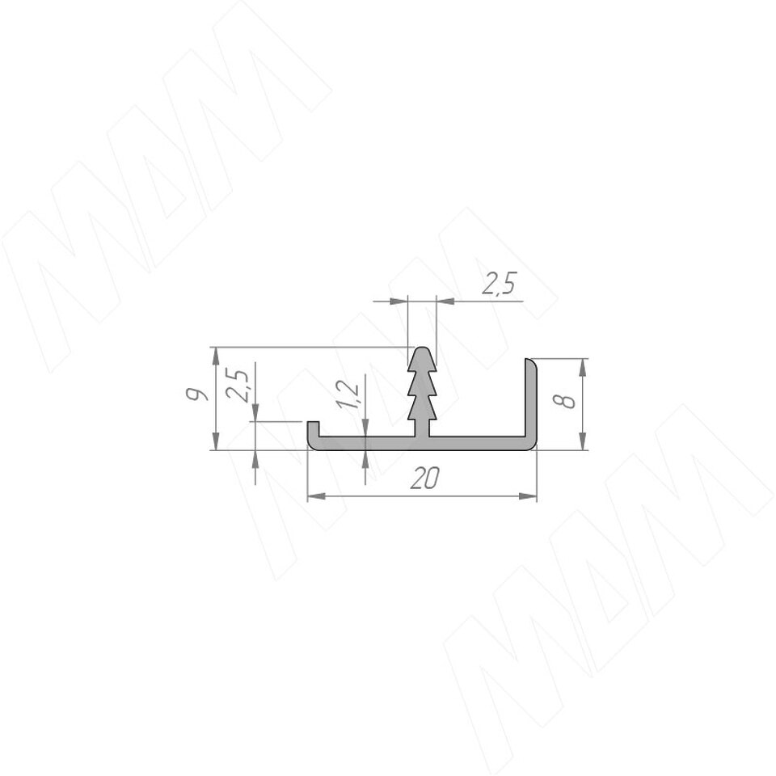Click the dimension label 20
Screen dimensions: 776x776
[x=425, y=479]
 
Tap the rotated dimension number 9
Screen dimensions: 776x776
[x=195, y=394]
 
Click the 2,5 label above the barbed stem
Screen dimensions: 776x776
[x=499, y=284]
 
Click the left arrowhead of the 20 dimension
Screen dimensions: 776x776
[x=317, y=496]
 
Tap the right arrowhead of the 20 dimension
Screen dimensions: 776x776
[x=528, y=496]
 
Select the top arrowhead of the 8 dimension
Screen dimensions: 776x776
[x=583, y=367]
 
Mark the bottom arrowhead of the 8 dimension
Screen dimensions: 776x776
[x=583, y=441]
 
